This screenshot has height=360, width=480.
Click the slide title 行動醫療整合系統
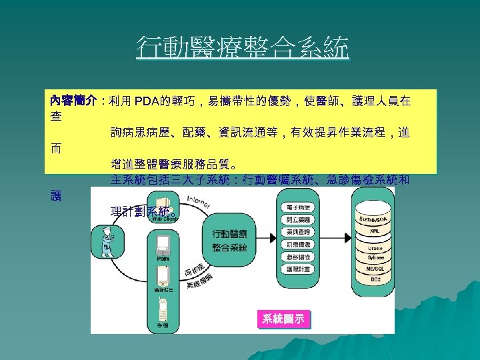pos(242,48)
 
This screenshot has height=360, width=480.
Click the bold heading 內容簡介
pos(71,101)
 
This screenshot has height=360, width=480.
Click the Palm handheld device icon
pos(163,247)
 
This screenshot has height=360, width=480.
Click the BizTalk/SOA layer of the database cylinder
pos(375,219)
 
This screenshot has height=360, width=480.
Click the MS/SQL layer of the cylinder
pos(375,269)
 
